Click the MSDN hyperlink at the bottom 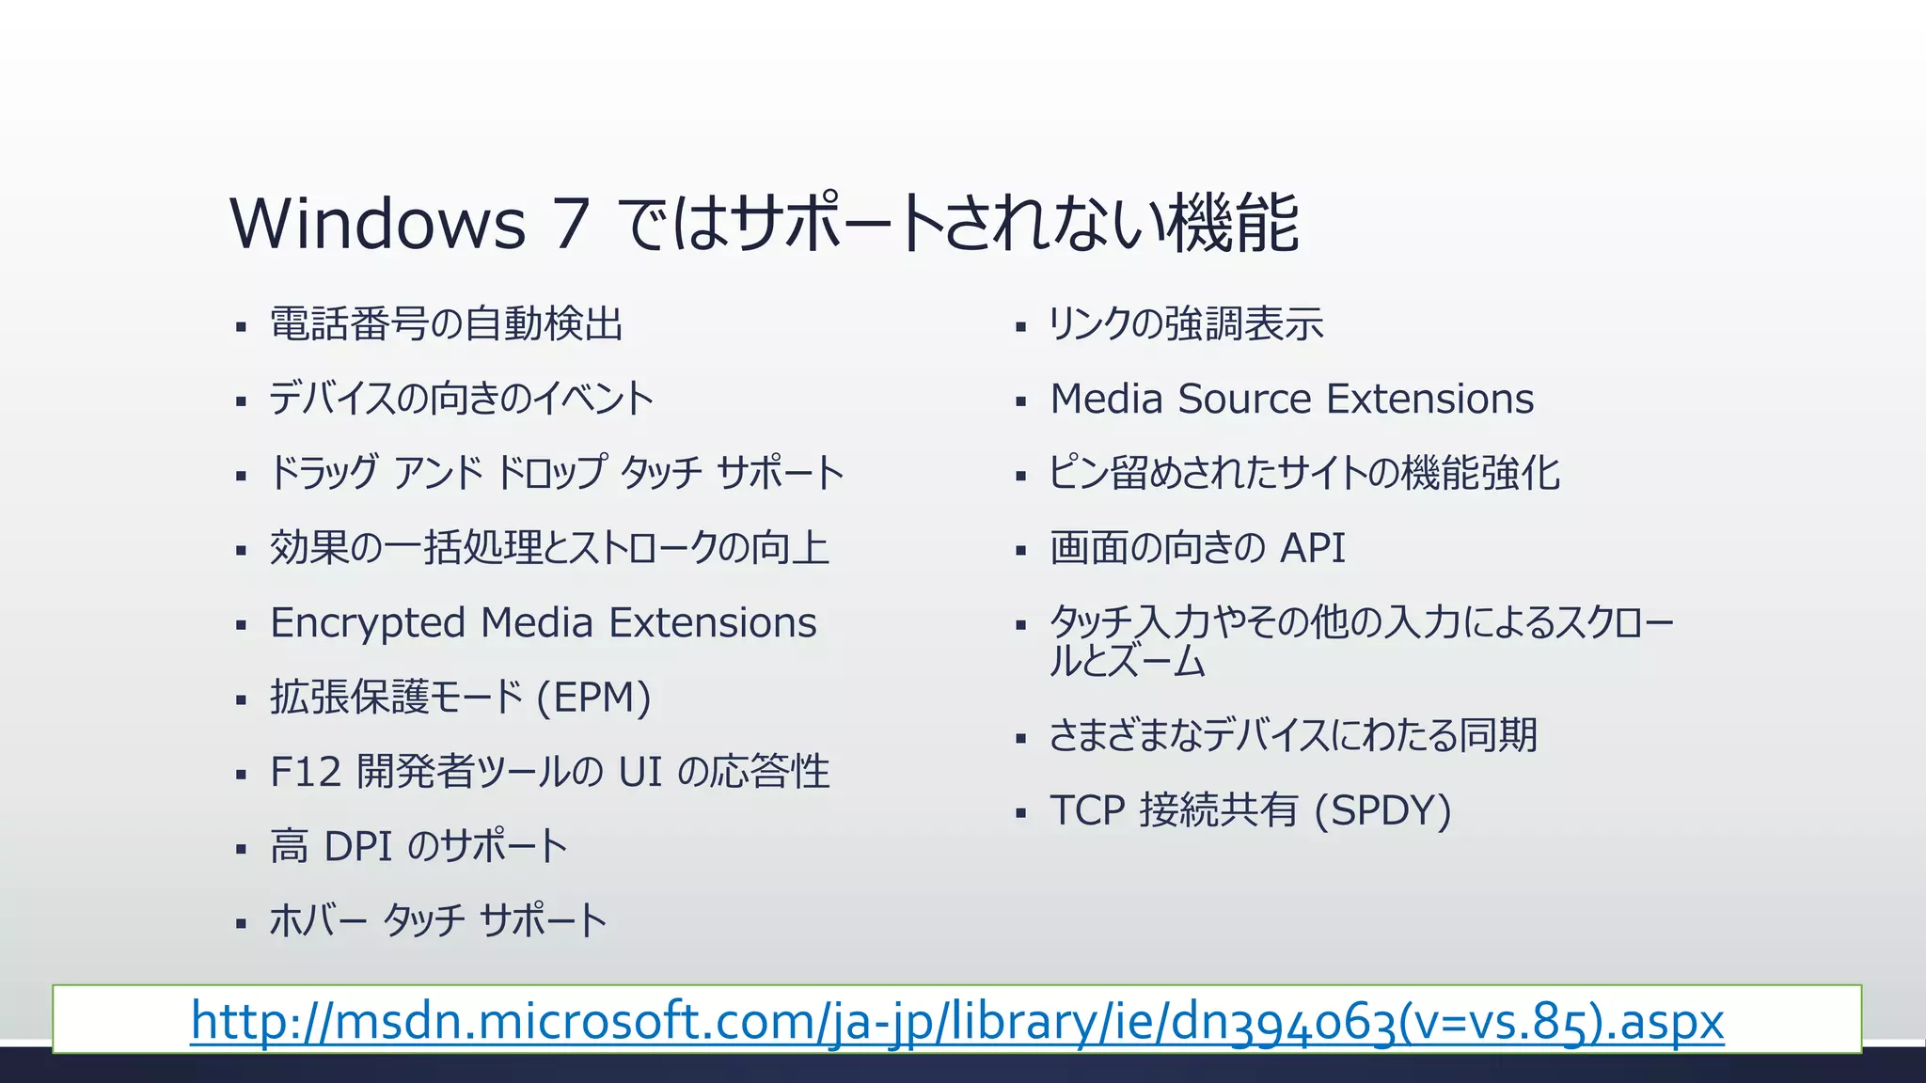coord(956,1021)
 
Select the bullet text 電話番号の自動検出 coord(446,324)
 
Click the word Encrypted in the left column coord(368,623)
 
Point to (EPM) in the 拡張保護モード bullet coord(593,698)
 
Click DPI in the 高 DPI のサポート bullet coord(357,846)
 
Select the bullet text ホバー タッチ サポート coord(438,920)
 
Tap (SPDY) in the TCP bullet coord(1382,810)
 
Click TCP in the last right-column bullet coord(1087,810)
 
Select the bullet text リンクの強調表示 coord(1186,324)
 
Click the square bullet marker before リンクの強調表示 coord(1020,328)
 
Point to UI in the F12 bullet coord(639,772)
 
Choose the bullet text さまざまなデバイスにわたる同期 coord(1293,735)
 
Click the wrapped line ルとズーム coord(1127,662)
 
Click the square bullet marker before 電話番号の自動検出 coord(241,328)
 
